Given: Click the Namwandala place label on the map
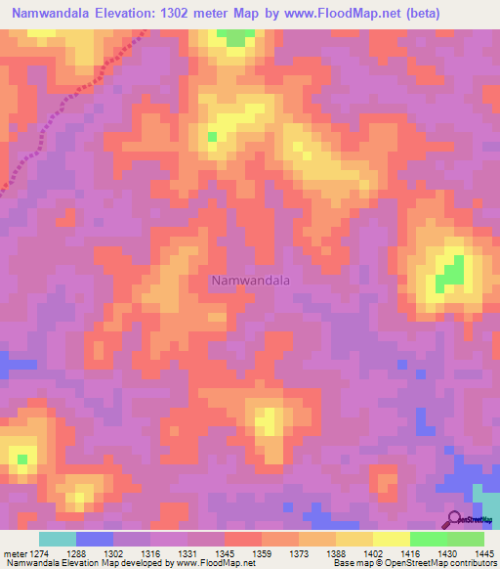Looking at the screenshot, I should point(250,280).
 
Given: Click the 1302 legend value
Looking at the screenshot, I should point(115,554).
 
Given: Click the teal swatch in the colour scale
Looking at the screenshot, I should point(58,539).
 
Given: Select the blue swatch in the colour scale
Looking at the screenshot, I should point(95,539).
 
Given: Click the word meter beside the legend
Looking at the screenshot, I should point(14,554).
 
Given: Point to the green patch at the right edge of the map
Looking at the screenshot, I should point(450,271).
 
